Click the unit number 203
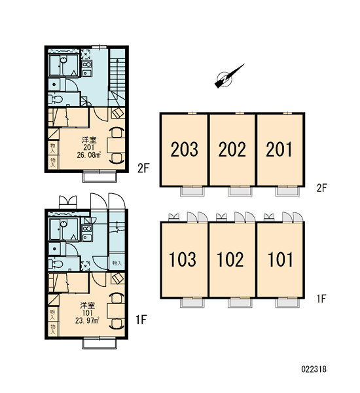pyautogui.click(x=185, y=149)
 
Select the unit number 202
pyautogui.click(x=232, y=149)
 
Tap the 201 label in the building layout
pyautogui.click(x=279, y=149)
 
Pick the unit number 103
pyautogui.click(x=183, y=259)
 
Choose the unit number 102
pyautogui.click(x=230, y=259)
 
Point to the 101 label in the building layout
pyautogui.click(x=280, y=259)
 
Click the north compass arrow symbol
pyautogui.click(x=229, y=76)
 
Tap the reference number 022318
pyautogui.click(x=314, y=369)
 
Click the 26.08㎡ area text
pyautogui.click(x=89, y=155)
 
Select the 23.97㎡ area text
pyautogui.click(x=88, y=320)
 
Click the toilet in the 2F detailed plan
pyautogui.click(x=56, y=100)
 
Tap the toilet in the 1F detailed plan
pyautogui.click(x=56, y=264)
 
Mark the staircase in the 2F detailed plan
pyautogui.click(x=118, y=77)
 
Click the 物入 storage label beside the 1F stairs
pyautogui.click(x=117, y=263)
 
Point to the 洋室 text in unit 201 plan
pyautogui.click(x=89, y=140)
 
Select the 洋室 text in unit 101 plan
pyautogui.click(x=88, y=305)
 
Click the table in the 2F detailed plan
pyautogui.click(x=116, y=145)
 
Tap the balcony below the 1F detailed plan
pyautogui.click(x=99, y=344)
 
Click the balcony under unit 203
pyautogui.click(x=192, y=191)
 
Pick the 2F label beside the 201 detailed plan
pyautogui.click(x=143, y=168)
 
